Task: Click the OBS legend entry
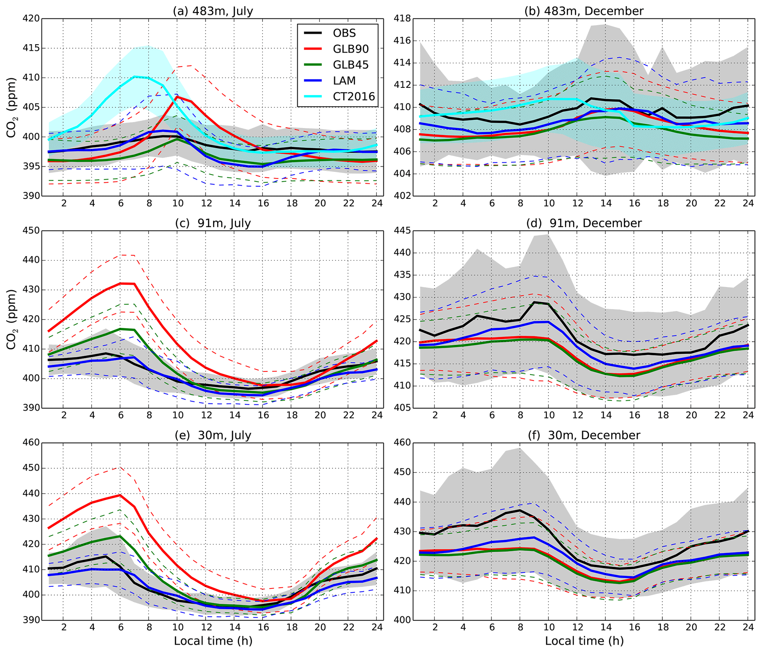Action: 344,33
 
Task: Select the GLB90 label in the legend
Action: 350,49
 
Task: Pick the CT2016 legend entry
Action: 354,97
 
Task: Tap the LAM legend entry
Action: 344,81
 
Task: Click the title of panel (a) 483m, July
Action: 213,11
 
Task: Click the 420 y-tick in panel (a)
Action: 32,18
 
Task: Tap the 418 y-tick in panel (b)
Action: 403,18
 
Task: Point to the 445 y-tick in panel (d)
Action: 403,231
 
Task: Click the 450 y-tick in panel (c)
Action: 32,231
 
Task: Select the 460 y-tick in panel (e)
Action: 32,442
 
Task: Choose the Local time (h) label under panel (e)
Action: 213,641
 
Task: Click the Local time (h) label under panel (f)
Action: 584,641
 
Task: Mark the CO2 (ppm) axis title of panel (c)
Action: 11,319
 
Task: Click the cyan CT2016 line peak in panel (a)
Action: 135,76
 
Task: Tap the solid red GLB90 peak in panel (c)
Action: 121,283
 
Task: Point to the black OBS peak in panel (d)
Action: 535,302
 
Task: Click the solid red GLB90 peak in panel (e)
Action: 120,495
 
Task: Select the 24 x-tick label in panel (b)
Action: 748,203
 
